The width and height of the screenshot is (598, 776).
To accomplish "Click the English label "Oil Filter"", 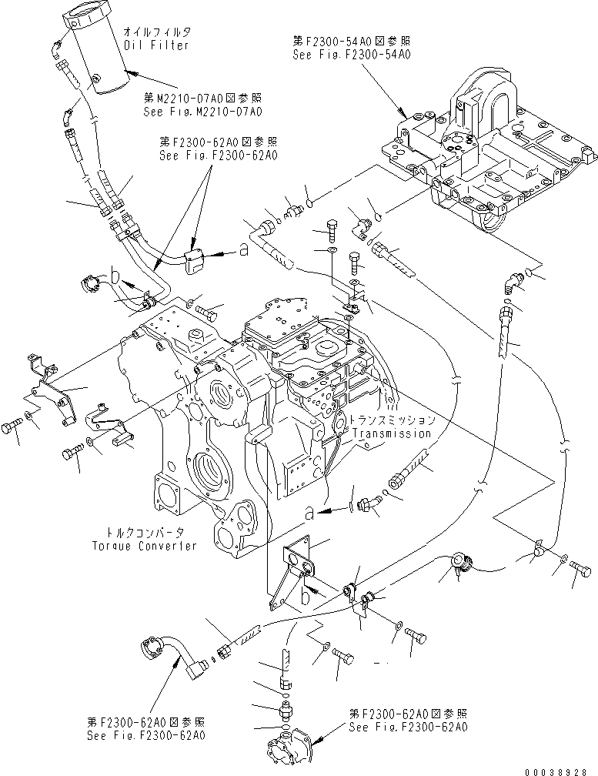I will [150, 45].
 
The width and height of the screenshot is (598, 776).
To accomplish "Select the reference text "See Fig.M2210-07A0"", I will [202, 112].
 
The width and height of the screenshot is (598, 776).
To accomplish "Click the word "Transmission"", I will [391, 433].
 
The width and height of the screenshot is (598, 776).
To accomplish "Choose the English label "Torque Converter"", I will [141, 545].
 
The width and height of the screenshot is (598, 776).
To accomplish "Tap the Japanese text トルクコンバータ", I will [141, 533].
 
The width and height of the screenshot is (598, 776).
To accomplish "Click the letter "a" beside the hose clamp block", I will [242, 250].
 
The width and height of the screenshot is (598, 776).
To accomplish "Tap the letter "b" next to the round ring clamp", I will [113, 273].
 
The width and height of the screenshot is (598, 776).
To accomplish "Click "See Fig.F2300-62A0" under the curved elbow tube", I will [146, 735].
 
